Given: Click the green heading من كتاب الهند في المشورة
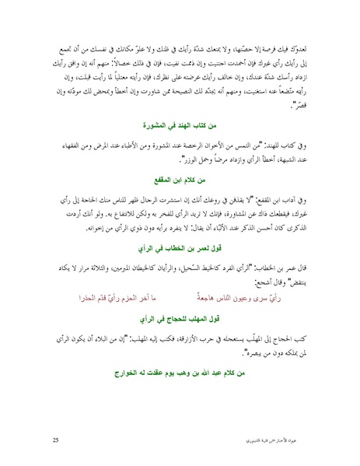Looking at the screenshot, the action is (x=180, y=124).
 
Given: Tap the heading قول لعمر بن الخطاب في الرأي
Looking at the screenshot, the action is (x=180, y=250).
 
